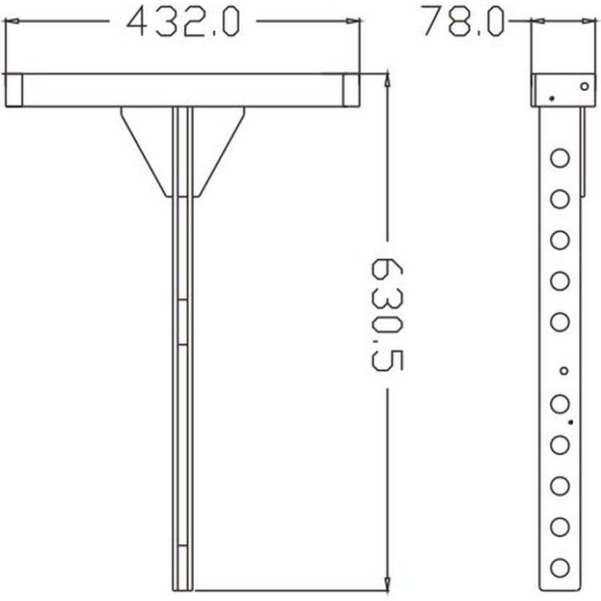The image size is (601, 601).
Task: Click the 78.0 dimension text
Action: tap(463, 22)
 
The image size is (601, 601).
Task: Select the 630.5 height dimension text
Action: tap(387, 315)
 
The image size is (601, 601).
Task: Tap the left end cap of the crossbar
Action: tap(14, 90)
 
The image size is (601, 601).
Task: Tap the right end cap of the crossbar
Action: tap(351, 90)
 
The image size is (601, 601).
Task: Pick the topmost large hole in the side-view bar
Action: tap(560, 158)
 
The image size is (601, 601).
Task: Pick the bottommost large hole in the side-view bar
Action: tap(560, 568)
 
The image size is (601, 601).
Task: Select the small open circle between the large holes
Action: tap(563, 370)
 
